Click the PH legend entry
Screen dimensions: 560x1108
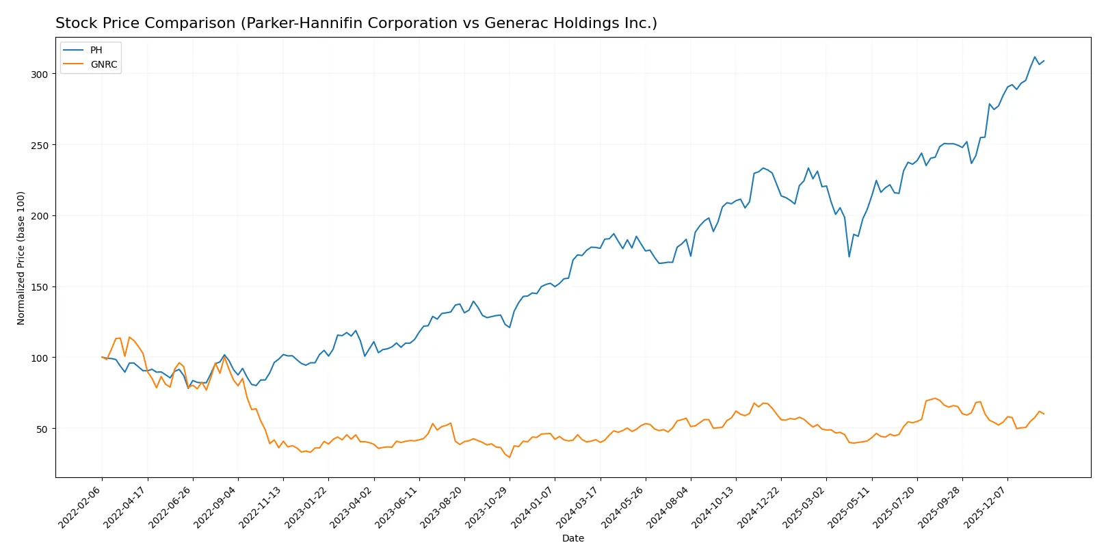point(96,50)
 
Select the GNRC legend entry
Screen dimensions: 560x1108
point(103,64)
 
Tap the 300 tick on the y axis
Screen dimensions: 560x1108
point(39,74)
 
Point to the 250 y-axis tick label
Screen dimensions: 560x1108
point(39,145)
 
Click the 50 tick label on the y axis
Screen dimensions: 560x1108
point(42,429)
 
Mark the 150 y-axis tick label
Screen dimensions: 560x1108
point(39,287)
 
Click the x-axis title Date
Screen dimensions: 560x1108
point(572,538)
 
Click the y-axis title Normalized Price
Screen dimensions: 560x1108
point(21,258)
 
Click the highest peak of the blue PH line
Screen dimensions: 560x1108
point(1035,57)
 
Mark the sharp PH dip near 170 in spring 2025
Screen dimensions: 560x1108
point(849,256)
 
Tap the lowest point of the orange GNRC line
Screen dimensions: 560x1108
point(510,457)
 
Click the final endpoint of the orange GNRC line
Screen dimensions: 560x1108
point(1044,414)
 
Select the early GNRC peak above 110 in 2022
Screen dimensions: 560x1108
point(129,337)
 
